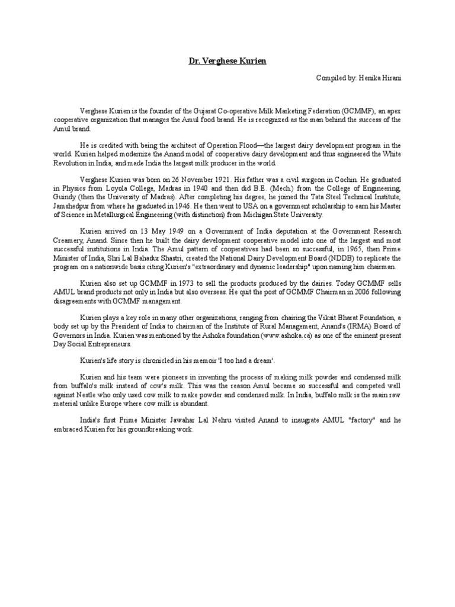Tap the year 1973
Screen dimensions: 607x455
tap(167, 283)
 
